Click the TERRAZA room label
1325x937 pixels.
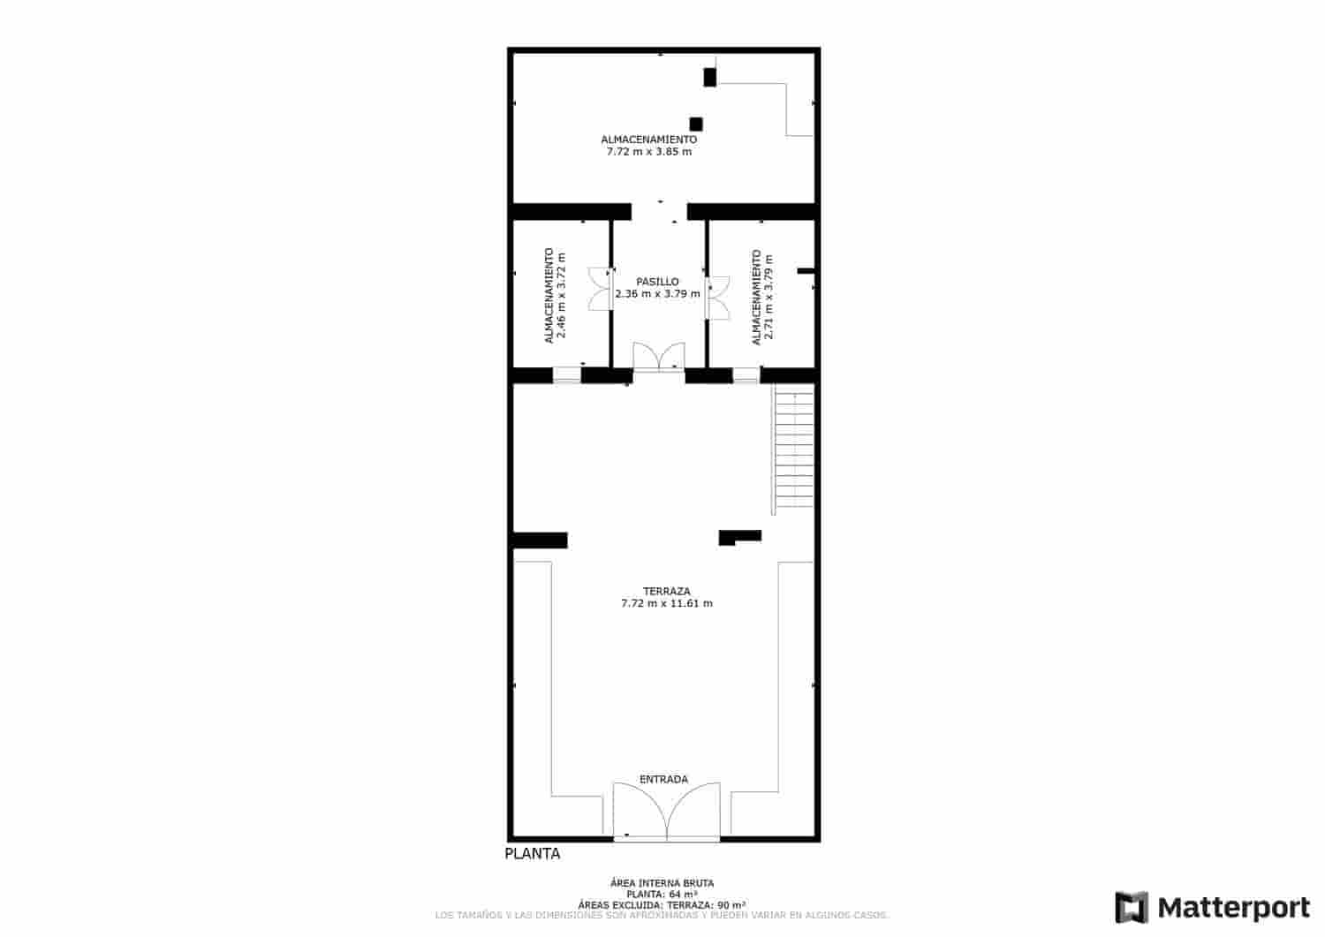click(x=666, y=591)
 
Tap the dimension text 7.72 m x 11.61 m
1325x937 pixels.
click(x=666, y=604)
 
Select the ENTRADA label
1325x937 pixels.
click(x=663, y=780)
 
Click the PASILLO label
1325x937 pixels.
click(x=657, y=282)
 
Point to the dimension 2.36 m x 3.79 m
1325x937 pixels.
click(x=657, y=294)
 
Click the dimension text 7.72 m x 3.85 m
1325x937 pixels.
click(x=648, y=152)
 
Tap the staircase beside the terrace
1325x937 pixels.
click(x=793, y=449)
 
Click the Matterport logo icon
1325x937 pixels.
click(x=1132, y=908)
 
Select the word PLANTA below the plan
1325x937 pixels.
click(x=532, y=854)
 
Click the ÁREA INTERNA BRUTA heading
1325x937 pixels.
click(x=662, y=883)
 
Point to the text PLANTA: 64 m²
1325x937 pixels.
click(x=662, y=895)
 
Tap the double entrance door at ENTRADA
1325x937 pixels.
click(x=667, y=810)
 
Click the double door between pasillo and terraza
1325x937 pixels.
click(x=658, y=358)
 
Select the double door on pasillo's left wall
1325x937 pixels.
click(x=602, y=288)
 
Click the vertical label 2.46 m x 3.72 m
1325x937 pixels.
click(x=561, y=296)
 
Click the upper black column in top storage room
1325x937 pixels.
click(x=709, y=77)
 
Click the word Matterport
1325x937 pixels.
click(x=1233, y=908)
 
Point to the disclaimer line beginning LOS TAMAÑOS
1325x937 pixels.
click(x=662, y=915)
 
